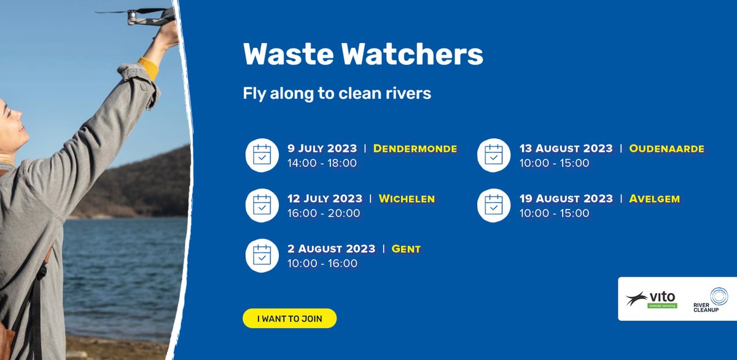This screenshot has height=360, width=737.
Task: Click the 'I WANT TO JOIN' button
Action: point(289,318)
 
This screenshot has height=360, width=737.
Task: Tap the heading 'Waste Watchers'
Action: point(363,55)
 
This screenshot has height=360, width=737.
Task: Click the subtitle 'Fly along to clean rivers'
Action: point(337,94)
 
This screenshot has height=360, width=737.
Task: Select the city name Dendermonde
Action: point(415,149)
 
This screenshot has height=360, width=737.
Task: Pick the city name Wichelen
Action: point(407,198)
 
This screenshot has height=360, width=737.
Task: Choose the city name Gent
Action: point(406,249)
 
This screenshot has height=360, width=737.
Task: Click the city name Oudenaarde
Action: point(666,149)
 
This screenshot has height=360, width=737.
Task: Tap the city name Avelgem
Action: point(655,198)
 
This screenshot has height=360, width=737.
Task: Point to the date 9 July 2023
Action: point(322,149)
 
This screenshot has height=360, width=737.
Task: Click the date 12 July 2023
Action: point(325,198)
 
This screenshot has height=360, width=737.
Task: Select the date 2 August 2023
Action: point(331,249)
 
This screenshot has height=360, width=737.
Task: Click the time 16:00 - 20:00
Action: point(324,213)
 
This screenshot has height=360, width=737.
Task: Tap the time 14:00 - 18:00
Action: point(322,163)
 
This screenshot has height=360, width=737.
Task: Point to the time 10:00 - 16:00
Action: point(322,264)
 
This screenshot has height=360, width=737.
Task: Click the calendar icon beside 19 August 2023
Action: point(494,205)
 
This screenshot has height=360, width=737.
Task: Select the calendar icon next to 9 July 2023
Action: point(262,155)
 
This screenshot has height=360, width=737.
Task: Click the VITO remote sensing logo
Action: point(652,299)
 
